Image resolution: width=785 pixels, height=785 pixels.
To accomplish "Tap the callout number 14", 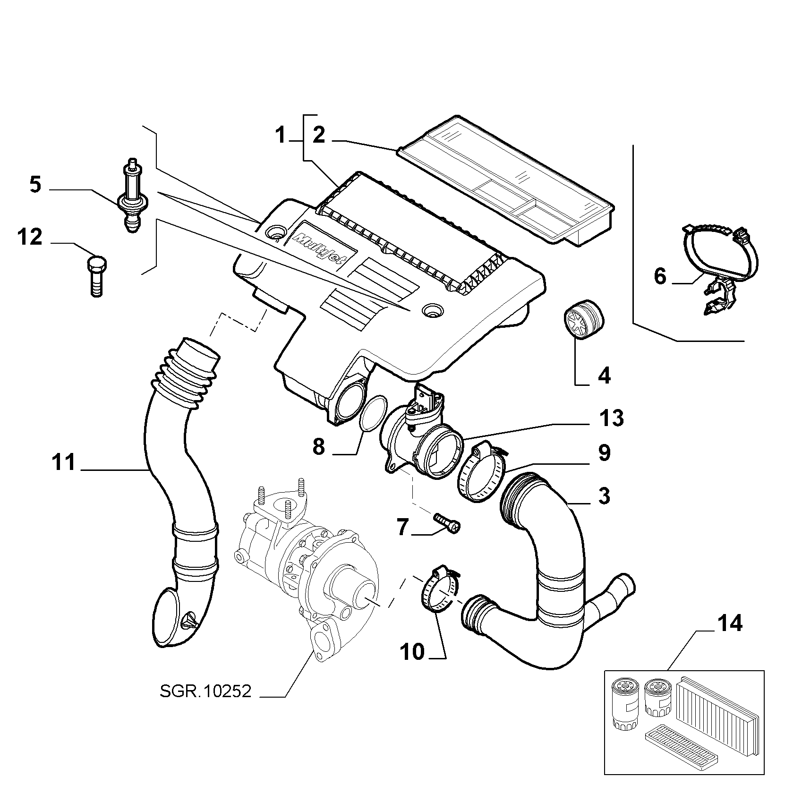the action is click(x=730, y=624).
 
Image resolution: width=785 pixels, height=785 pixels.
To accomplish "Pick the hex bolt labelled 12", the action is click(x=96, y=276).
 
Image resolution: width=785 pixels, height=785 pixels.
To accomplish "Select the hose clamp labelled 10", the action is click(x=439, y=589).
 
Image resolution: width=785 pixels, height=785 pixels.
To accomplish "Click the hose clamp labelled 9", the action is click(x=482, y=474).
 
